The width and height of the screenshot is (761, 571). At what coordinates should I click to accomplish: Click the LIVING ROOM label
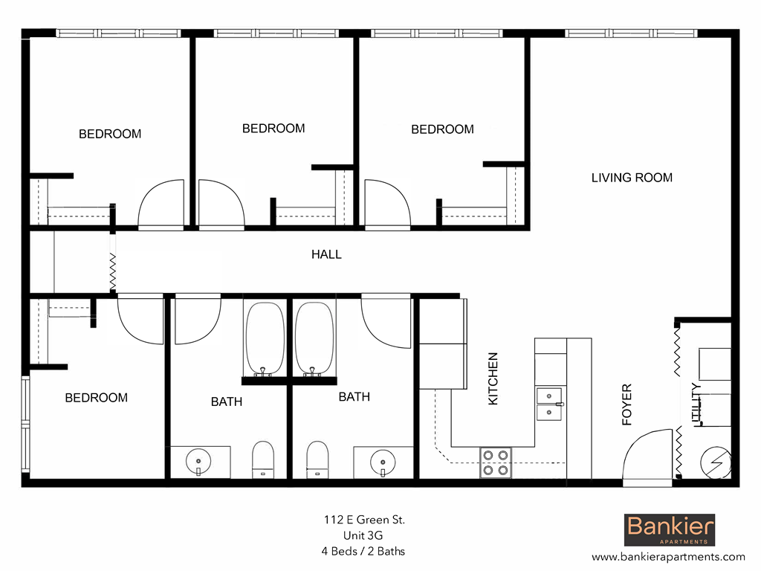(632, 178)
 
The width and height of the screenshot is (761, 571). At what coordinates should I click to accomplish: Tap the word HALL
(326, 254)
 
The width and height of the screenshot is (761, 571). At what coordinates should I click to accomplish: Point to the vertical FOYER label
(626, 404)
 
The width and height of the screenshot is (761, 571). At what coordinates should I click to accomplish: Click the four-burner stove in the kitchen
(495, 462)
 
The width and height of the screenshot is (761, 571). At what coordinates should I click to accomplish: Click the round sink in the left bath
(199, 461)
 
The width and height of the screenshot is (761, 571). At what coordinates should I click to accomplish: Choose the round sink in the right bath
(383, 461)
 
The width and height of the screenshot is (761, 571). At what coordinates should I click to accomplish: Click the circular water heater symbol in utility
(716, 462)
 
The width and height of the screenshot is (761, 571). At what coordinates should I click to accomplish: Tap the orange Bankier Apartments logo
(670, 530)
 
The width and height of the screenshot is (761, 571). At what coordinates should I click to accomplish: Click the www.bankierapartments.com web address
(668, 556)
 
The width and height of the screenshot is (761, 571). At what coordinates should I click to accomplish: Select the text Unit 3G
(363, 535)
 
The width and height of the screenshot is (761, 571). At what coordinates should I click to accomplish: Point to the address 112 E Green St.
(363, 520)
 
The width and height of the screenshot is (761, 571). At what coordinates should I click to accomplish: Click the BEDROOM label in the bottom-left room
(96, 398)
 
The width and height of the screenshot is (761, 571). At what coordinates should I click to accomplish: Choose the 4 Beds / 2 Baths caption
(363, 551)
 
